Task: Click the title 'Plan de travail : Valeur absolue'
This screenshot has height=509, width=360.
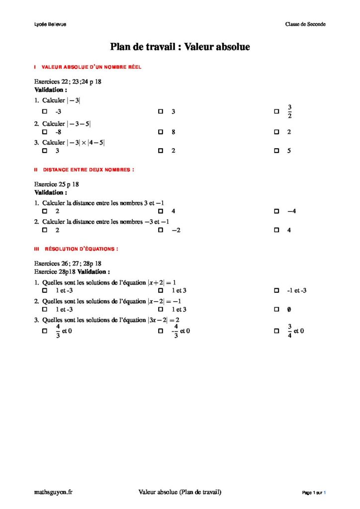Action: pos(180,47)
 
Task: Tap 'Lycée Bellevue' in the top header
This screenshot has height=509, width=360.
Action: pos(47,24)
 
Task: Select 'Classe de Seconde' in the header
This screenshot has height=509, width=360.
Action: pos(305,24)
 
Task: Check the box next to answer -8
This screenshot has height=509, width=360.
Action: pos(45,132)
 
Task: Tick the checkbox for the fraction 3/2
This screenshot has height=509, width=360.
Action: pos(276,112)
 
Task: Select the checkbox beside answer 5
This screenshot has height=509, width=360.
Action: pos(276,150)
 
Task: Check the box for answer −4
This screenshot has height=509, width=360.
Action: pos(276,211)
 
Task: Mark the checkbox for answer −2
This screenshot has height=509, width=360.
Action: pos(160,230)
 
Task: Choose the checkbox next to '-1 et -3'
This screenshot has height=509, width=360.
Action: pos(276,290)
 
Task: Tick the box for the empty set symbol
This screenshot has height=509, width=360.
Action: pos(276,309)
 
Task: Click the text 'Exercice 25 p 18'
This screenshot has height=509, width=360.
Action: pos(57,184)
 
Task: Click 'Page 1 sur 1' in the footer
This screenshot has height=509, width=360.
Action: pos(314,493)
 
